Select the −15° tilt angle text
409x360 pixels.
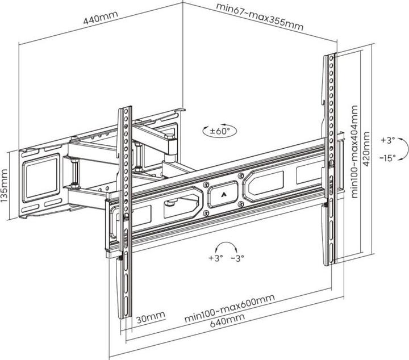pyautogui.click(x=389, y=159)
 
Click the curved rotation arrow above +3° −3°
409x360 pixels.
pyautogui.click(x=227, y=246)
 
